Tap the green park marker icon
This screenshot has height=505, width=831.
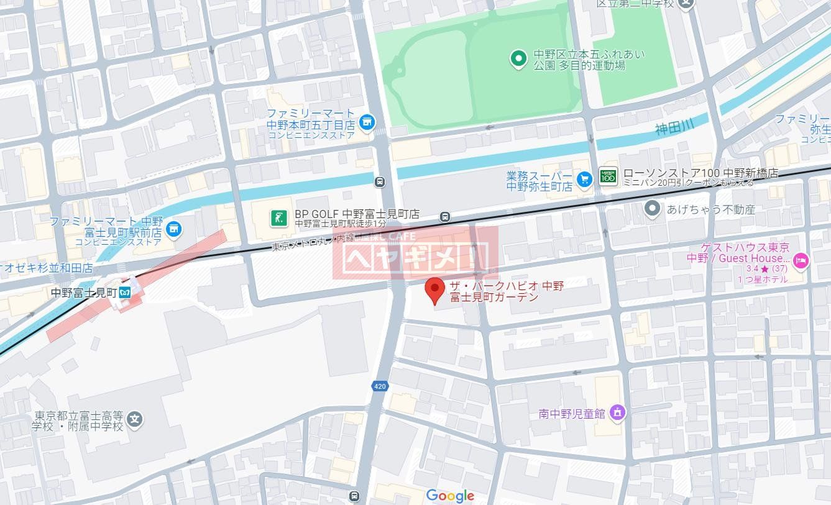pos(518,59)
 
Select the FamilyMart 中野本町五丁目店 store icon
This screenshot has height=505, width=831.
pos(367,122)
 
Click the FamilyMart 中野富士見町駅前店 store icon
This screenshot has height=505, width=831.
pos(175,229)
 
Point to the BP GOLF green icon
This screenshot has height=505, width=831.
pos(278,217)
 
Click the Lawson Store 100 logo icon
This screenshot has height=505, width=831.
pos(608,176)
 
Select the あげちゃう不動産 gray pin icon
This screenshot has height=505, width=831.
pos(652,209)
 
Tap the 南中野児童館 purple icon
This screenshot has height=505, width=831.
pos(617,412)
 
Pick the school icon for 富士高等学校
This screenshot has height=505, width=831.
pos(135,421)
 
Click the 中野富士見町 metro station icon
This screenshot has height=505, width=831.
pos(125,292)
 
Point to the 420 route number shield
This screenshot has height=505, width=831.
pos(380,386)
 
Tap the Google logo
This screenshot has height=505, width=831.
pos(450,495)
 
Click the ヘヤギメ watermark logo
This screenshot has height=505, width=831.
pos(415,255)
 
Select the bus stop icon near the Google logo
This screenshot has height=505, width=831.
pos(354,496)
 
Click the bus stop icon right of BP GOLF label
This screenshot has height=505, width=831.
pos(444,216)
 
